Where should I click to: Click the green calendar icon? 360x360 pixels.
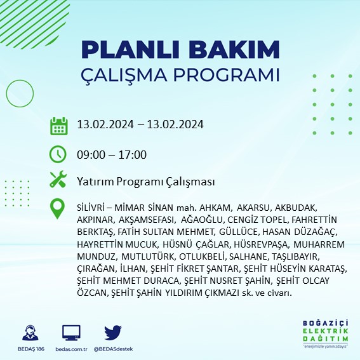pyautogui.click(x=58, y=125)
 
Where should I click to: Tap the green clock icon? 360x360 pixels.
pyautogui.click(x=58, y=154)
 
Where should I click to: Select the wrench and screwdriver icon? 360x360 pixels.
pyautogui.click(x=58, y=180)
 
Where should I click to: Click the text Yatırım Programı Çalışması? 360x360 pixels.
pyautogui.click(x=145, y=182)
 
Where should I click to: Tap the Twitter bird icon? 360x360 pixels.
pyautogui.click(x=112, y=333)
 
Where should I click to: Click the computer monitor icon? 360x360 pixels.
pyautogui.click(x=71, y=333)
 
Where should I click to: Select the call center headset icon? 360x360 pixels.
pyautogui.click(x=29, y=333)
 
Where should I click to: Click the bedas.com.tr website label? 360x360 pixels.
pyautogui.click(x=71, y=349)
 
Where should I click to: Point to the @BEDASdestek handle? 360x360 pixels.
pyautogui.click(x=112, y=349)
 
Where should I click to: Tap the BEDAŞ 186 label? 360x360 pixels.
pyautogui.click(x=29, y=349)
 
